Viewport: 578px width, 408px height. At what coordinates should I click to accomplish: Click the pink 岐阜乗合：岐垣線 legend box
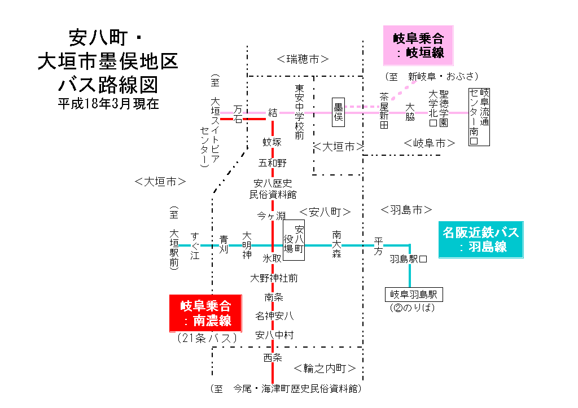tap(418, 45)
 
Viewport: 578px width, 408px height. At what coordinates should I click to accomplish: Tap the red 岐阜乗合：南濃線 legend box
tap(205, 313)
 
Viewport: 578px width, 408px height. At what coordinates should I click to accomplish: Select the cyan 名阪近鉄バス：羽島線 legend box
tap(481, 239)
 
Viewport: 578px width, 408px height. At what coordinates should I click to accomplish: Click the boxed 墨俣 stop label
tap(339, 111)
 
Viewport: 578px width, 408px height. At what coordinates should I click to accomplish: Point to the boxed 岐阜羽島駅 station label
tap(414, 295)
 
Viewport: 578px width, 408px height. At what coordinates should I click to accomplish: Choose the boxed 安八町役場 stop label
tap(294, 240)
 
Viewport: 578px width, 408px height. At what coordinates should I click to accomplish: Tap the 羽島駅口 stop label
tap(408, 260)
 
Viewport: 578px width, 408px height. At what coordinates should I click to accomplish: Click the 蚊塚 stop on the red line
tap(272, 142)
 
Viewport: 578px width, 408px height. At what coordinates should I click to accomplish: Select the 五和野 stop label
tap(272, 163)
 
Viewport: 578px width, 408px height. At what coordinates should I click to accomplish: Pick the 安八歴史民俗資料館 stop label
tap(273, 188)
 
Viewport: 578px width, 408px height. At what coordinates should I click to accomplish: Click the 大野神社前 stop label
tap(274, 278)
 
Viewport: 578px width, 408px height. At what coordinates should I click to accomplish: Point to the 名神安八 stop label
tap(274, 315)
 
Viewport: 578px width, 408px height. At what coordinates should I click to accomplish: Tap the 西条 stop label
tap(272, 357)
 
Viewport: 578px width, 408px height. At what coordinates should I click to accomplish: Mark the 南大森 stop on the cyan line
tap(337, 244)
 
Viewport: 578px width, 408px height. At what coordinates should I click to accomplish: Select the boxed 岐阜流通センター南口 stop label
tap(479, 117)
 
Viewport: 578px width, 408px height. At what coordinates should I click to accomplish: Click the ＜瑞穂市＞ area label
tap(303, 59)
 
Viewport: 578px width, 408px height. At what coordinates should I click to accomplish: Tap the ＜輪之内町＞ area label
tap(325, 368)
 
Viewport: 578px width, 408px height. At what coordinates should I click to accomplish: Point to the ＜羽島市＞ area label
tap(406, 210)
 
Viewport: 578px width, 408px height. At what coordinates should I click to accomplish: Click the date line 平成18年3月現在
tap(108, 104)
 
